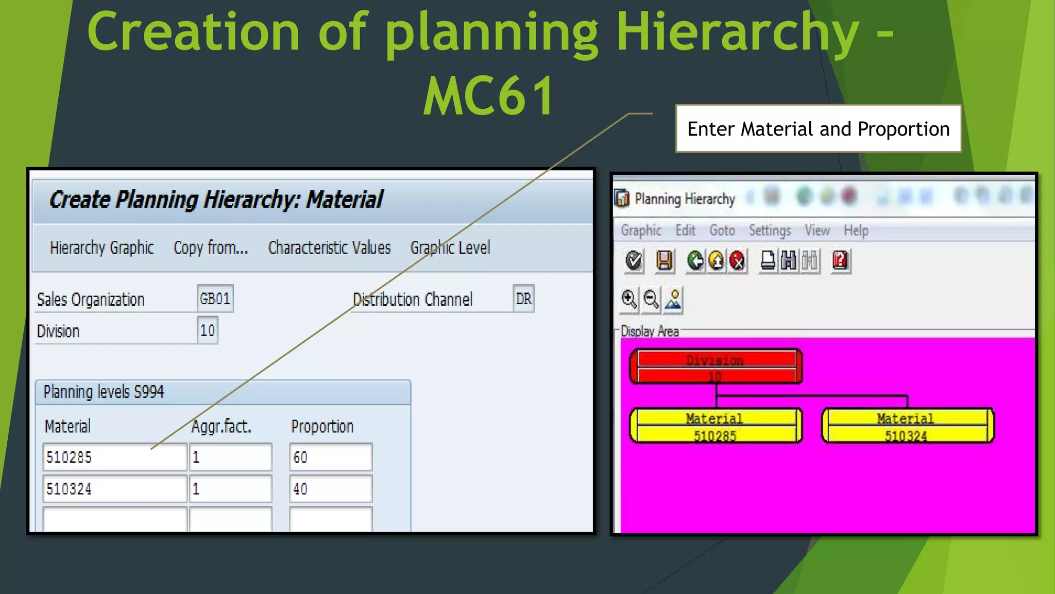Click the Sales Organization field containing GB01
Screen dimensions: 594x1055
click(215, 299)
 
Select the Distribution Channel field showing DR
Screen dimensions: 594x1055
click(523, 299)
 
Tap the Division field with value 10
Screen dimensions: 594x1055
click(208, 330)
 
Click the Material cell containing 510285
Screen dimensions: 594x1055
click(114, 457)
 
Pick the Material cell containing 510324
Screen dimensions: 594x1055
click(114, 489)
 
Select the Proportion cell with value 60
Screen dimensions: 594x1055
click(330, 457)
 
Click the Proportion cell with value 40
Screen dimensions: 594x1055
click(330, 489)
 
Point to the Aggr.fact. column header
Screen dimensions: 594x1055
click(222, 426)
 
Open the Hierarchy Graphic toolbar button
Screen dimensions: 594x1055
click(102, 248)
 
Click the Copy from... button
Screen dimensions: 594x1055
click(211, 248)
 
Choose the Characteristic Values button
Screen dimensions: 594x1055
click(329, 248)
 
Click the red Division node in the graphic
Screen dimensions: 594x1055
click(716, 367)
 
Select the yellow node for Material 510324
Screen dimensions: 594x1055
click(907, 426)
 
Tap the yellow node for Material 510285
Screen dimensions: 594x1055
click(716, 426)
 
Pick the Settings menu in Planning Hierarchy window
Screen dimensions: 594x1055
click(770, 230)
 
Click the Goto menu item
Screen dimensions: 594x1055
click(722, 230)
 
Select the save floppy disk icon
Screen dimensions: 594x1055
click(664, 260)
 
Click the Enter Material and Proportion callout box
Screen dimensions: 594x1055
click(818, 129)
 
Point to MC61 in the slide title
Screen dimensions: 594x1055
click(488, 96)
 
